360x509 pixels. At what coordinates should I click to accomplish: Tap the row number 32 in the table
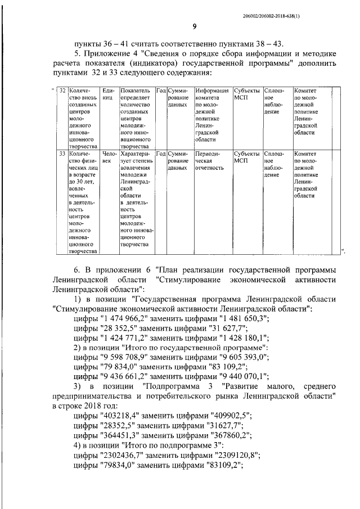coord(62,91)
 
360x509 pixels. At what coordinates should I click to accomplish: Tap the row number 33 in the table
coord(62,153)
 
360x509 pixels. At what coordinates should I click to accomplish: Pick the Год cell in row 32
coord(160,91)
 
